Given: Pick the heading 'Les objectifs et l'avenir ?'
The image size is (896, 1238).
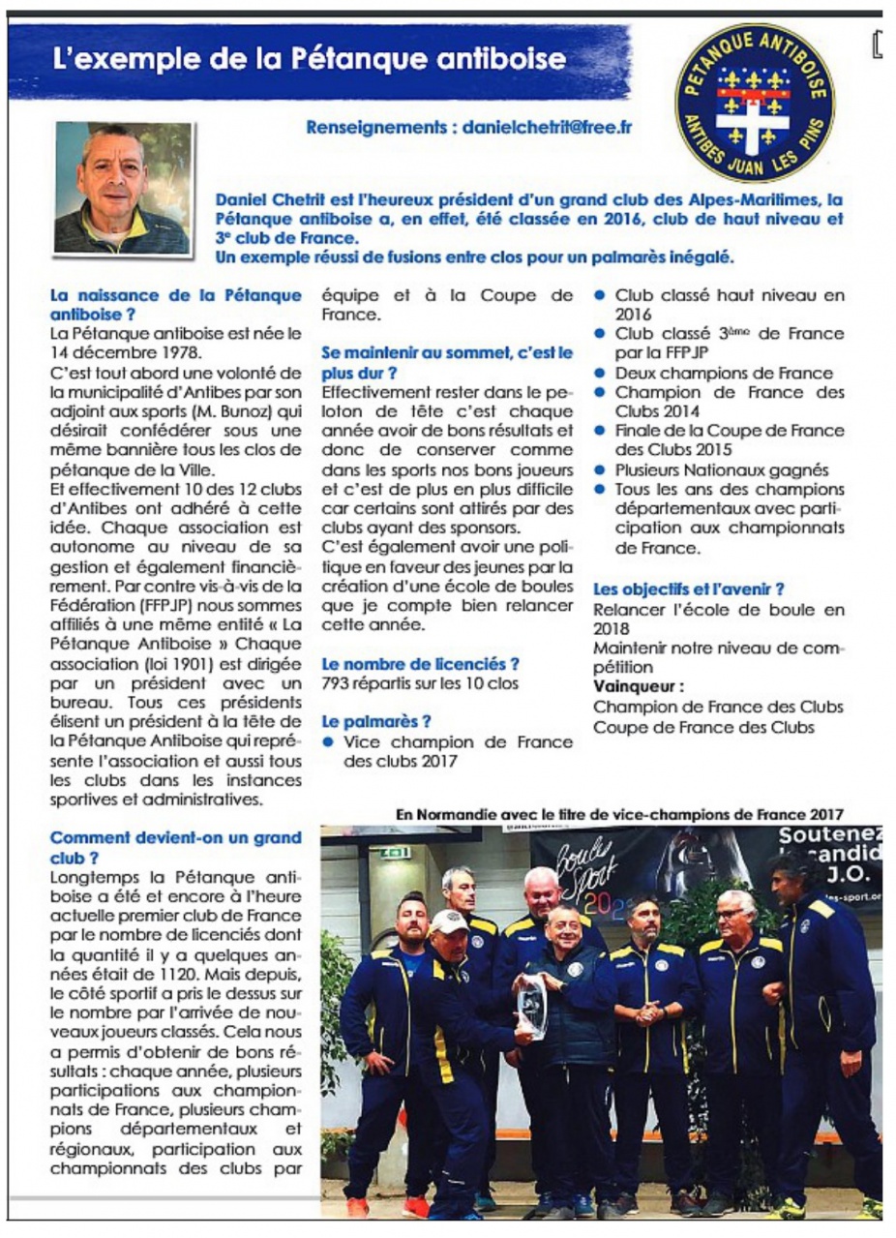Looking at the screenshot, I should pyautogui.click(x=688, y=588).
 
